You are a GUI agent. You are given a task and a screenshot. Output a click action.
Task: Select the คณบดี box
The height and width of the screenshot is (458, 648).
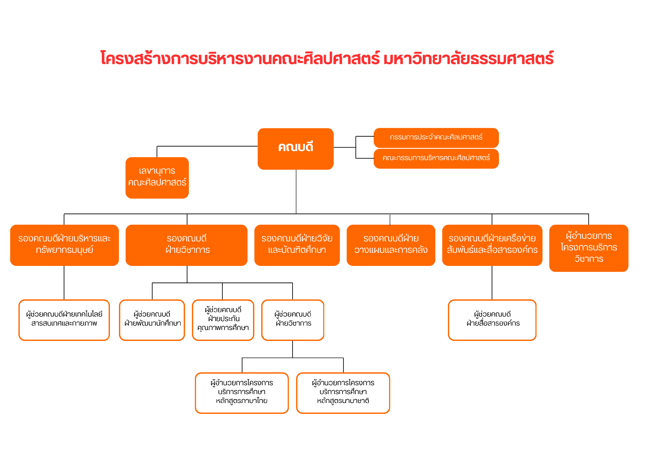tap(296, 149)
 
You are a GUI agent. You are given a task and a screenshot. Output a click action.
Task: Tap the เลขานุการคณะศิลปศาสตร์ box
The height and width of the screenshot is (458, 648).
tap(157, 178)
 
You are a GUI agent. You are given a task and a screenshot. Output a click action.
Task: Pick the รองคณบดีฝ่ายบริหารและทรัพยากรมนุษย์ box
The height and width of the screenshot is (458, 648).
tap(64, 245)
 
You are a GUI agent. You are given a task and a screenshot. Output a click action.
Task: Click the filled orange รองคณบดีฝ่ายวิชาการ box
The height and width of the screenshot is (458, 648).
tap(187, 245)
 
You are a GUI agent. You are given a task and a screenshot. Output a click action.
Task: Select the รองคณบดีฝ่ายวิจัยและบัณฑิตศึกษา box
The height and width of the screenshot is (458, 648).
tap(297, 245)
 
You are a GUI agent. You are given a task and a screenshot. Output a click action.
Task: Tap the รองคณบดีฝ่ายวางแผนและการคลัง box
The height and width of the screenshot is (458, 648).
tap(391, 245)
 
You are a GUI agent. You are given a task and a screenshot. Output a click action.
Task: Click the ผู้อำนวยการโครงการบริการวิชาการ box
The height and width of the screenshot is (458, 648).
tap(589, 248)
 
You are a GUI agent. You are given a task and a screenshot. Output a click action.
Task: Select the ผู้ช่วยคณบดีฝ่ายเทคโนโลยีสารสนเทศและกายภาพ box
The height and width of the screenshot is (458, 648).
tap(64, 320)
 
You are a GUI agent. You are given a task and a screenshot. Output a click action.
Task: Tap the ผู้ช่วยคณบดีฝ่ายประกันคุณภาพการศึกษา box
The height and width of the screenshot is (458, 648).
tap(223, 320)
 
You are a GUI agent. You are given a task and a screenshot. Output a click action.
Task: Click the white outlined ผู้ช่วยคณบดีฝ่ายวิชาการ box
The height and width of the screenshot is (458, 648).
tap(293, 320)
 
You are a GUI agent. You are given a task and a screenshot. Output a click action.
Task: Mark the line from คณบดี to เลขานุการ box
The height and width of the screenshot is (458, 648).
tap(207, 146)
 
